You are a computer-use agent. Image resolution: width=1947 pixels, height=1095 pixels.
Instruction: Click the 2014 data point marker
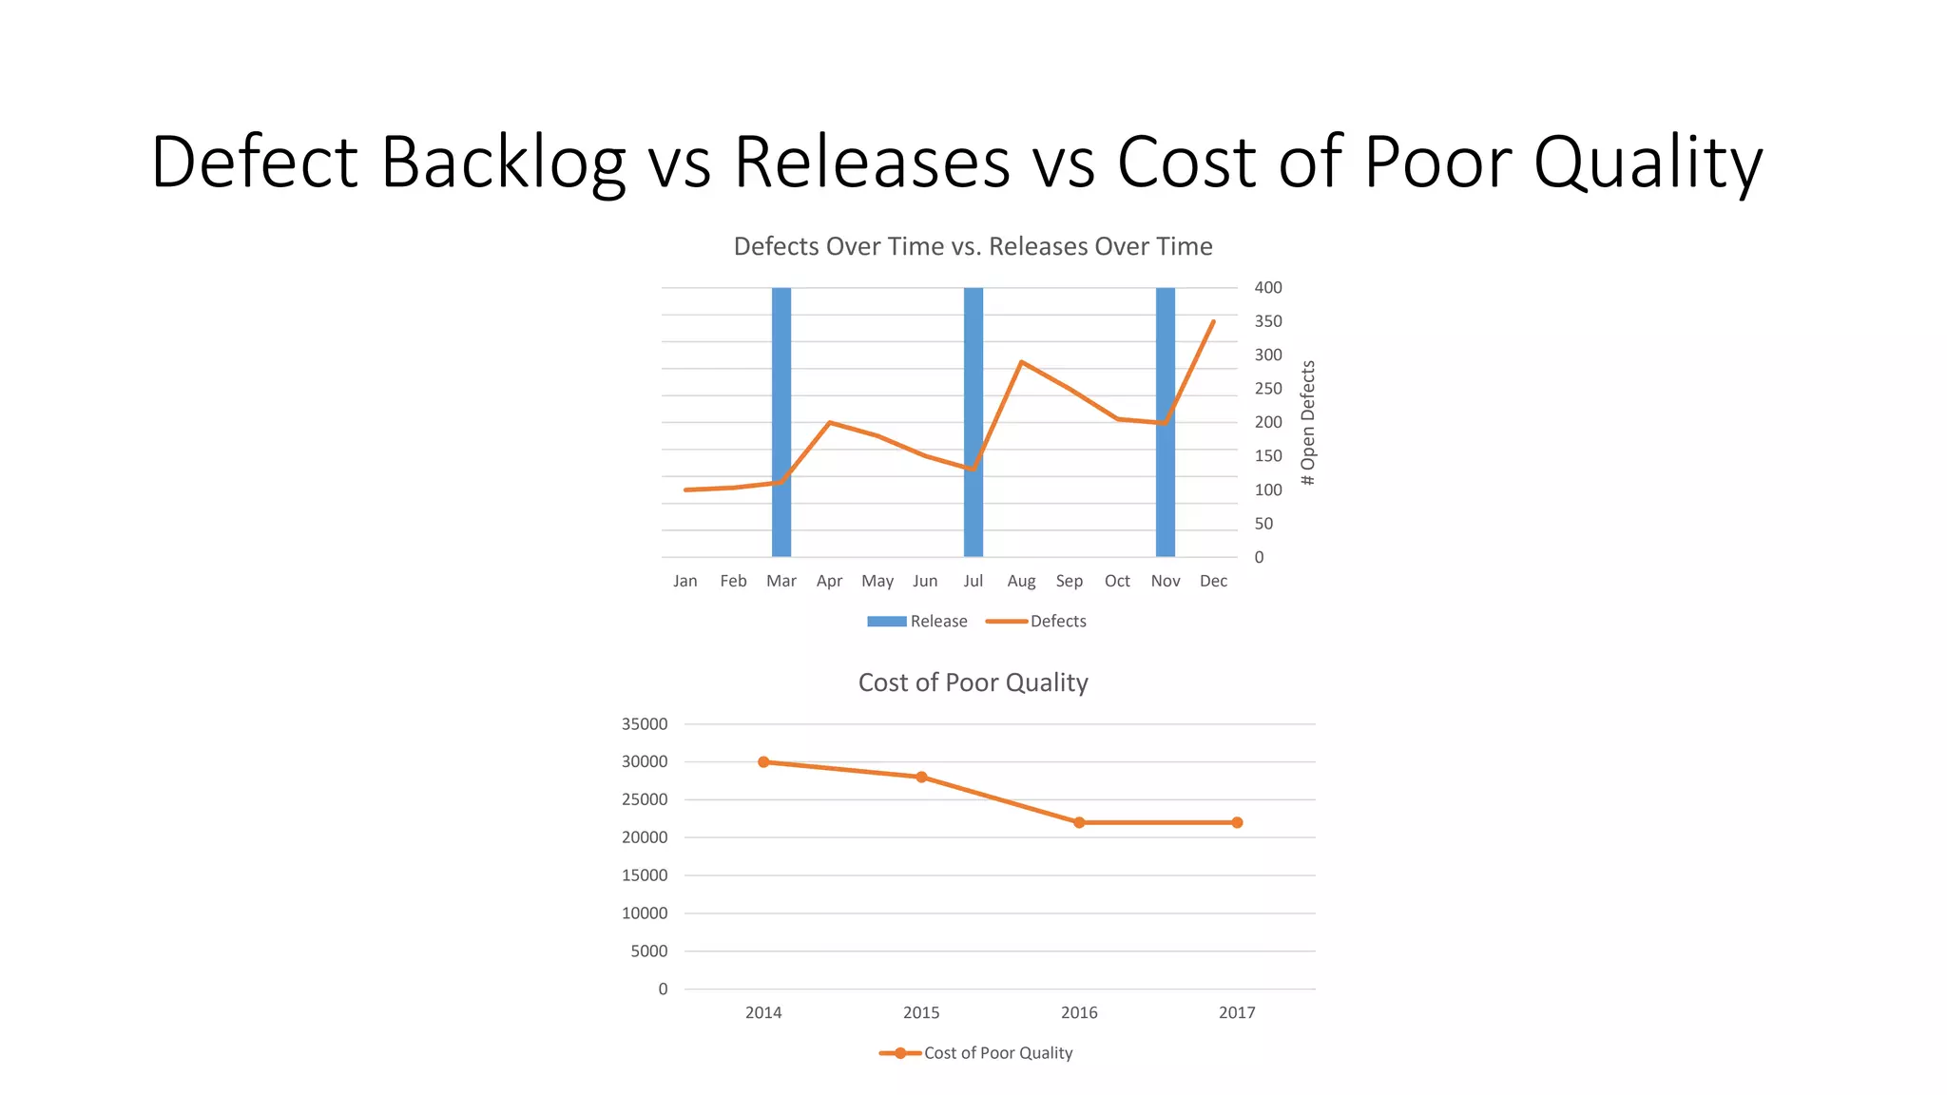(x=763, y=762)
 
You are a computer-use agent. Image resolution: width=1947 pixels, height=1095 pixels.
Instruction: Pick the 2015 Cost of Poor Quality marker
(x=921, y=778)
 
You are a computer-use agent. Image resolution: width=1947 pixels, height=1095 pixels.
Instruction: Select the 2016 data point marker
(x=1079, y=822)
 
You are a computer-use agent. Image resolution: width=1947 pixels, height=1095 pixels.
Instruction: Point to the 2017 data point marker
(x=1237, y=822)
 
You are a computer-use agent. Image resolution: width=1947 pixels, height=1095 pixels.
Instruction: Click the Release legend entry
(x=917, y=622)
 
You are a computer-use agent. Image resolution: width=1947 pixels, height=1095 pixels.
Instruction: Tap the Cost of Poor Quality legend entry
(x=976, y=1053)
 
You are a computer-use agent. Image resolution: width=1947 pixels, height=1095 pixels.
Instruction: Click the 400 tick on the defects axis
(x=1268, y=287)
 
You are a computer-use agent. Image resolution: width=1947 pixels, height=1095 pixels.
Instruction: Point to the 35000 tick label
(x=645, y=724)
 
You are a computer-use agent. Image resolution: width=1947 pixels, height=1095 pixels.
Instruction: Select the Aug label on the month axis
(x=1021, y=581)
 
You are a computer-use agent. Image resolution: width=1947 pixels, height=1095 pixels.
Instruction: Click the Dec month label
(x=1213, y=581)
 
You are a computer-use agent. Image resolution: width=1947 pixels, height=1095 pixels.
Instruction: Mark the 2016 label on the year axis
(x=1079, y=1013)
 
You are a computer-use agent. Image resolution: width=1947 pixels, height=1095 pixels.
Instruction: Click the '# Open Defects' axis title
(x=1308, y=423)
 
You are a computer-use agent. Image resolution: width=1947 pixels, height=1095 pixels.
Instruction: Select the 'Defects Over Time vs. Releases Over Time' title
(x=973, y=246)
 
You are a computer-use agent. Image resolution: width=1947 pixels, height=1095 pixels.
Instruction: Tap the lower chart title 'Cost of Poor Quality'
(x=973, y=682)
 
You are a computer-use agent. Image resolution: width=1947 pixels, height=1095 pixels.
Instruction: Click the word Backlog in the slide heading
(x=503, y=162)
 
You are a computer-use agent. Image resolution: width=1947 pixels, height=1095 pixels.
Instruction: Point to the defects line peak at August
(x=1021, y=362)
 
